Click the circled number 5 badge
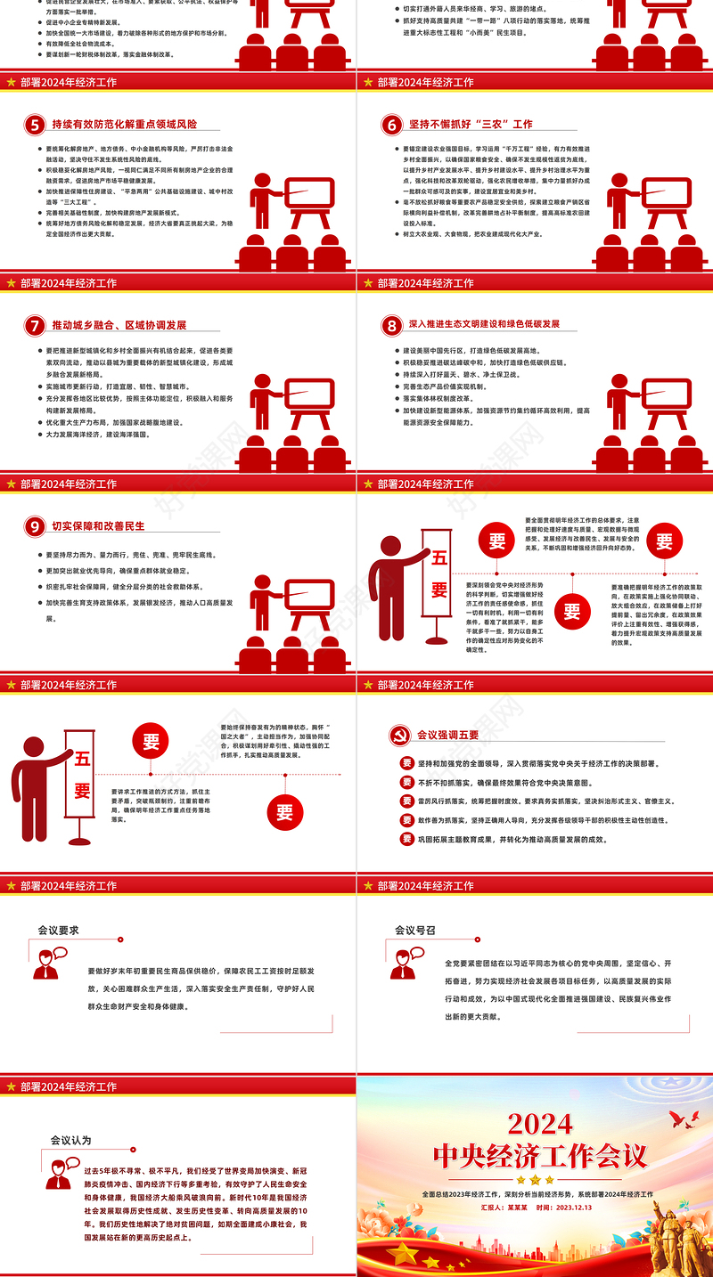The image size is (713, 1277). (x=34, y=125)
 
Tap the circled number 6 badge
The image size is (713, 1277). (x=390, y=125)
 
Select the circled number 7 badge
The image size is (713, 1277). (x=34, y=326)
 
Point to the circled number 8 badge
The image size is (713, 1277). (x=390, y=326)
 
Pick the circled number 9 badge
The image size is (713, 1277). (x=34, y=527)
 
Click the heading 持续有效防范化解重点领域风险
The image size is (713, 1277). (x=124, y=125)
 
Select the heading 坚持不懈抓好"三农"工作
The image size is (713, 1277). (x=471, y=125)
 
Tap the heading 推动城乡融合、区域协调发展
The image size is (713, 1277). (x=119, y=326)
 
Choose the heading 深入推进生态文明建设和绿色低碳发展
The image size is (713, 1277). (x=484, y=325)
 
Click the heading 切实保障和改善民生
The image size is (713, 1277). (x=98, y=526)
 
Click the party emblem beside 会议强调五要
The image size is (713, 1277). (x=398, y=736)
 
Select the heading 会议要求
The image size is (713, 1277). (x=58, y=931)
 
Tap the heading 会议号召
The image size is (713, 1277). (x=414, y=931)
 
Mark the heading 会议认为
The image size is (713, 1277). (x=70, y=1140)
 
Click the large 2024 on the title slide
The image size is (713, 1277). (x=540, y=1124)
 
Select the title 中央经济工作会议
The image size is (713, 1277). (x=540, y=1156)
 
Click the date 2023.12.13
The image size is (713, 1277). (x=574, y=1208)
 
